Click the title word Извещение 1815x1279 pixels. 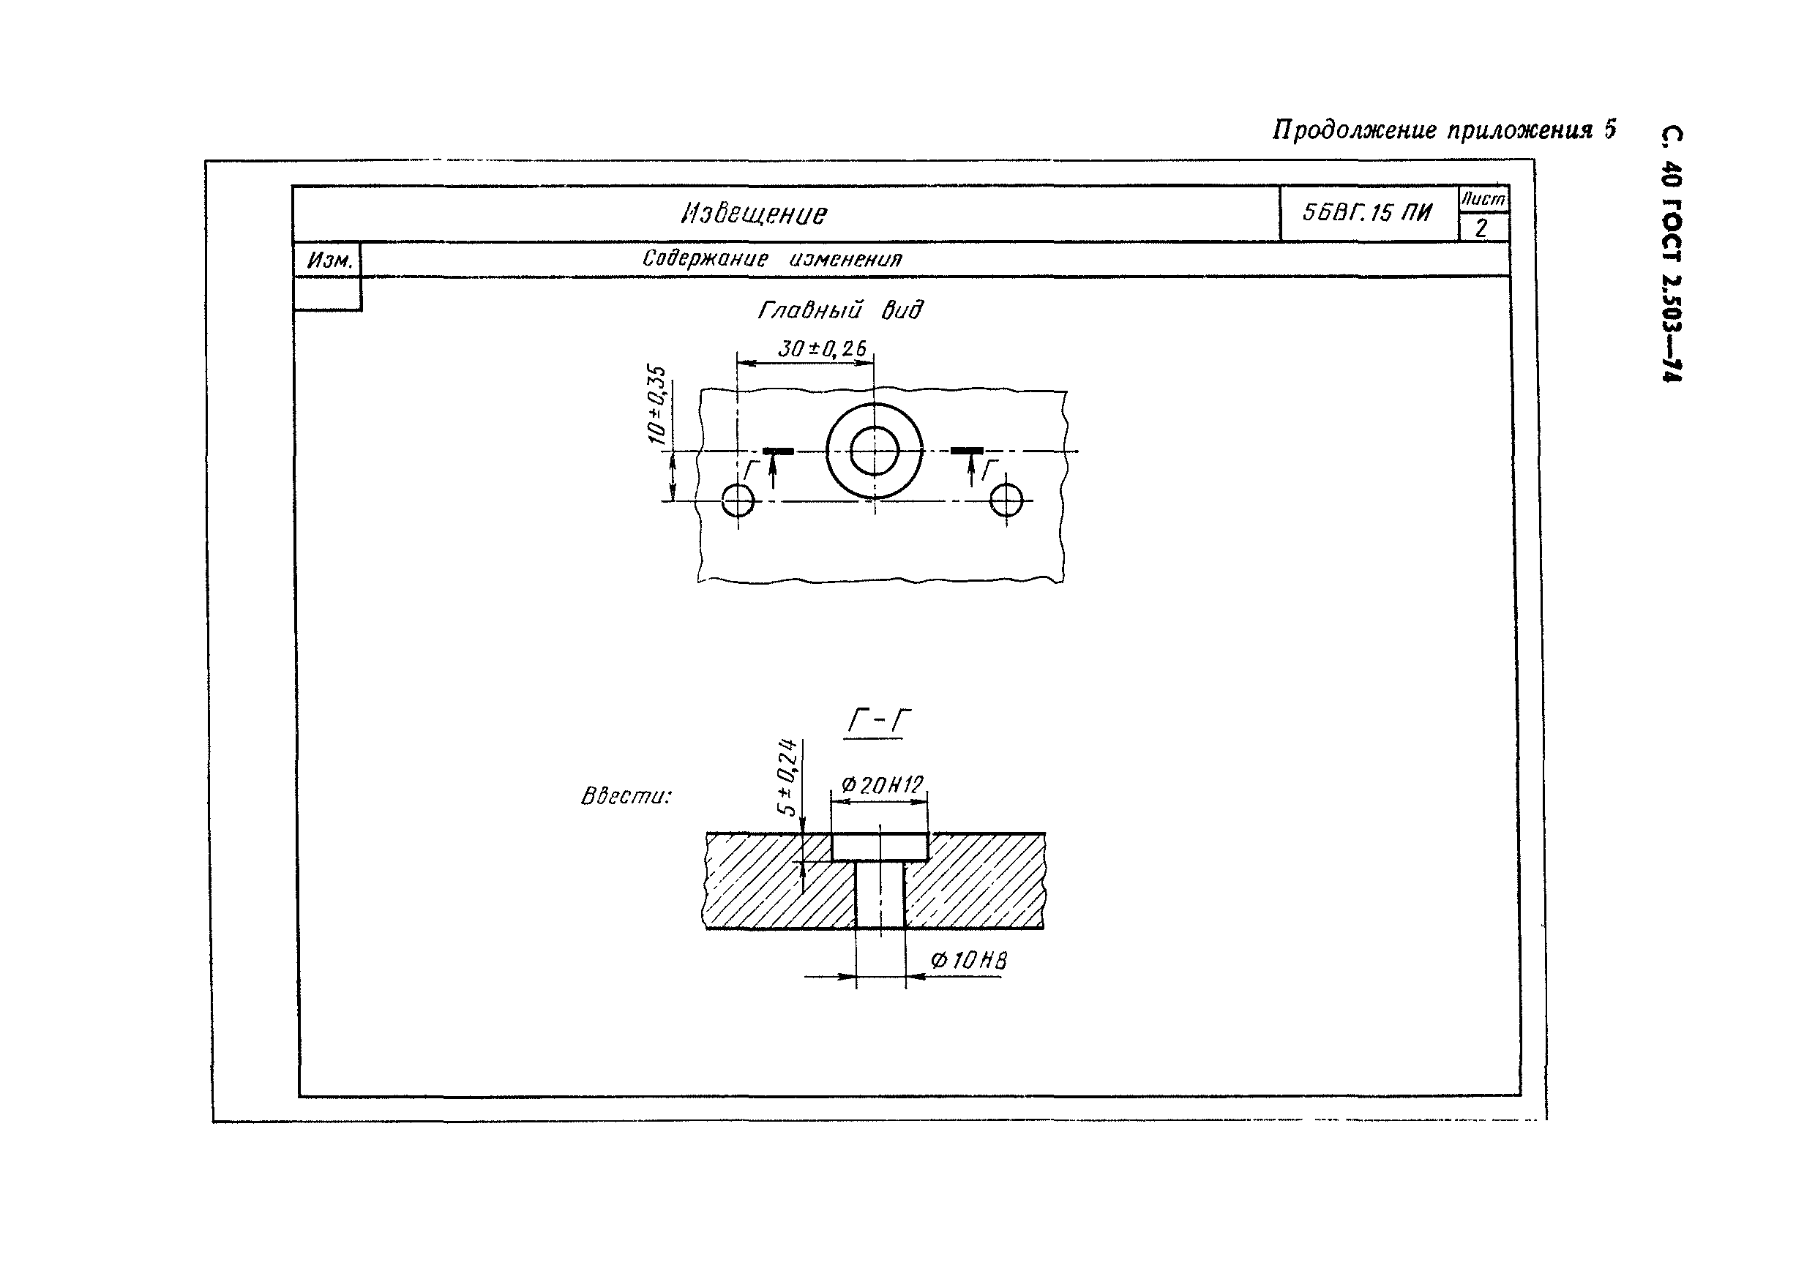[754, 214]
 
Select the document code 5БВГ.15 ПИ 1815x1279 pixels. [1367, 212]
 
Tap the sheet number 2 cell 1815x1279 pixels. [1482, 228]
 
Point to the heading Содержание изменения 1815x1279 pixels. [772, 258]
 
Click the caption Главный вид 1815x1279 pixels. [840, 309]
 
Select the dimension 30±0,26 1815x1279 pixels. [822, 348]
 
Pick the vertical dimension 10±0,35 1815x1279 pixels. [657, 404]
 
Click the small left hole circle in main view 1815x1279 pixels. [738, 500]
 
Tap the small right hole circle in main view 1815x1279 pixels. [1006, 500]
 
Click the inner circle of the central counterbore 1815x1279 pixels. [875, 451]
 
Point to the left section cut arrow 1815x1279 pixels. [772, 472]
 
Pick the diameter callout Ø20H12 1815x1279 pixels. [882, 785]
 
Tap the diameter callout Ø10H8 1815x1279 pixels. [969, 961]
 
